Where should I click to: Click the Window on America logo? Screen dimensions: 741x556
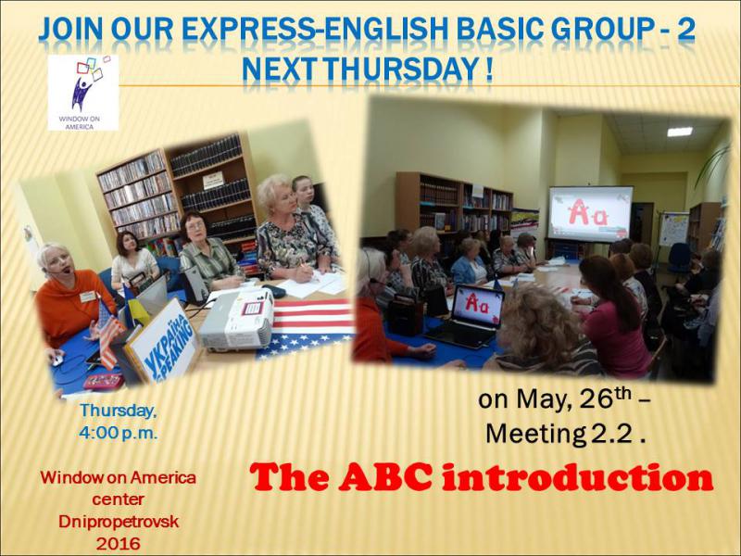83,93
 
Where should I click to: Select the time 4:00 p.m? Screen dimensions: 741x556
119,433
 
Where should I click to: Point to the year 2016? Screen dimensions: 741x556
119,544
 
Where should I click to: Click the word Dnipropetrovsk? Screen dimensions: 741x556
119,522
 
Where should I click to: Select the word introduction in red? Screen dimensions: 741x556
576,477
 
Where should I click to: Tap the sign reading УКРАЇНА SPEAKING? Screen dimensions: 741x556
162,341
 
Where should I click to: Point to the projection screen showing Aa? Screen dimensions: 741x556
590,213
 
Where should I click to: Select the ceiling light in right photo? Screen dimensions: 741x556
680,132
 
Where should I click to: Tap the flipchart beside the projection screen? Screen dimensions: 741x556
673,229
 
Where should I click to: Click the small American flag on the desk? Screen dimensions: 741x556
108,334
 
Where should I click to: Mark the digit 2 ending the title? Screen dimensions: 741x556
685,30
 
